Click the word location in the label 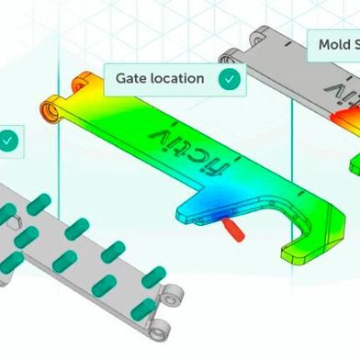click(178, 79)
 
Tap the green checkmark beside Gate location click(231, 79)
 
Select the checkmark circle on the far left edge click(7, 141)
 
